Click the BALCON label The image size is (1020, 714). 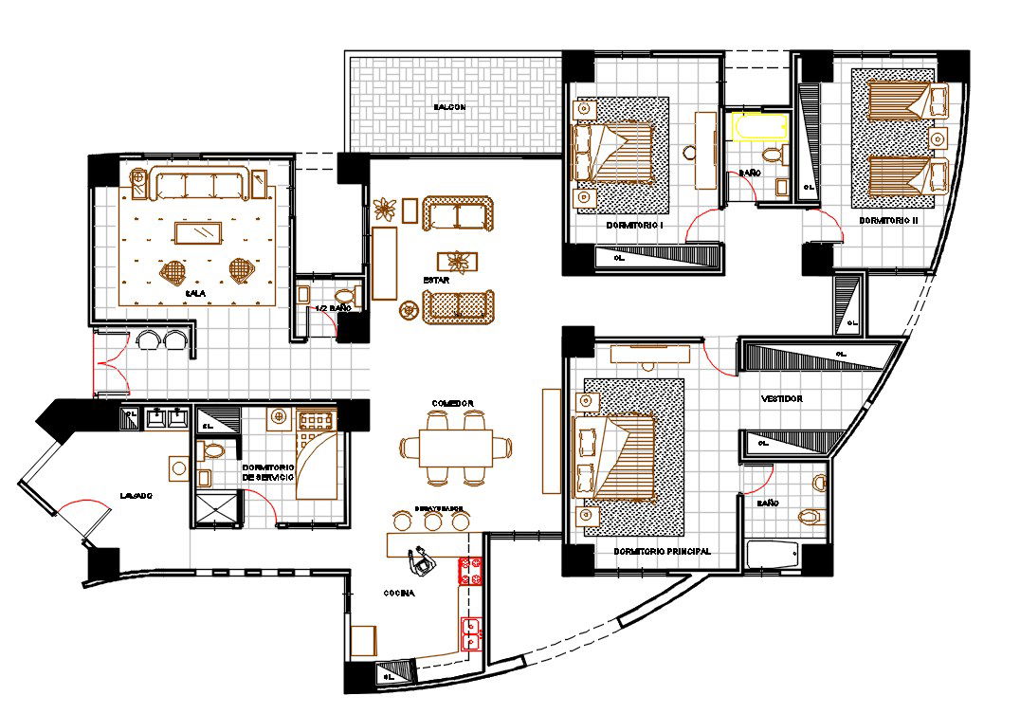[450, 107]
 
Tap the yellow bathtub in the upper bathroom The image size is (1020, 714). [759, 127]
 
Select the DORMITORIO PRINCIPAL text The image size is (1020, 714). [662, 552]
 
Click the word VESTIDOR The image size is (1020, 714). [781, 399]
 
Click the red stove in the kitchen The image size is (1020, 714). [471, 571]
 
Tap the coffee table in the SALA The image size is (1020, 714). [198, 232]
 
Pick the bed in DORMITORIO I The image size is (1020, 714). [616, 152]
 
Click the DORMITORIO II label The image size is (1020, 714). [888, 219]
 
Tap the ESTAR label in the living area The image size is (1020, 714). [436, 281]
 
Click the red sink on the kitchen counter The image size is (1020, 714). [470, 631]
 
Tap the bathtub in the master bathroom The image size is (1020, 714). [772, 554]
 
